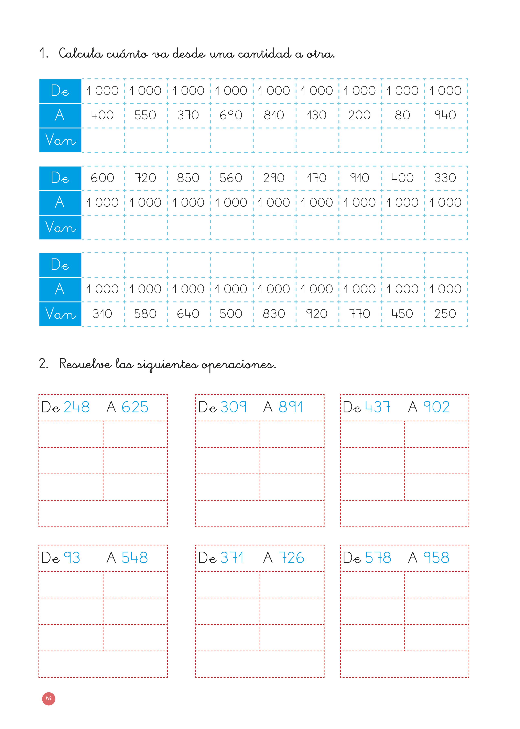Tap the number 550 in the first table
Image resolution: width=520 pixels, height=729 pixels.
click(145, 115)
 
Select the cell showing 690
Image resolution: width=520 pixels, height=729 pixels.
click(231, 115)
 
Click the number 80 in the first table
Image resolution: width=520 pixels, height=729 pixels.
click(402, 115)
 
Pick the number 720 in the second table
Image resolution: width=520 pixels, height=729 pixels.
click(145, 178)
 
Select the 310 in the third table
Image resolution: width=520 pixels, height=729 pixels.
click(102, 314)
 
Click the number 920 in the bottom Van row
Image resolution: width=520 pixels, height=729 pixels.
click(317, 314)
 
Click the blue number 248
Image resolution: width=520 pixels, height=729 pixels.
click(77, 407)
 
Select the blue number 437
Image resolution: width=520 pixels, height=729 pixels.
click(378, 407)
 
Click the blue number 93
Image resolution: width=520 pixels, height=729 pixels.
click(72, 558)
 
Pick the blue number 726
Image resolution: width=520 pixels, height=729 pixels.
click(291, 558)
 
